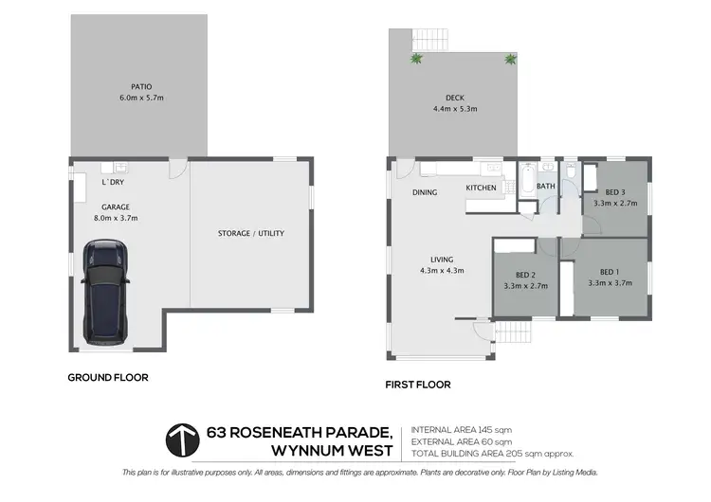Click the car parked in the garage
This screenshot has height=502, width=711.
(x=105, y=290)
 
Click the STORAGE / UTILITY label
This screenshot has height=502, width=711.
(x=250, y=233)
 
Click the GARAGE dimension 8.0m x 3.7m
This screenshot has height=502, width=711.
(x=116, y=218)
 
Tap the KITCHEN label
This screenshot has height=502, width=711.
(x=481, y=188)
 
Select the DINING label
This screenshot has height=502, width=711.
(x=424, y=192)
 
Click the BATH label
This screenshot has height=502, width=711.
(x=545, y=187)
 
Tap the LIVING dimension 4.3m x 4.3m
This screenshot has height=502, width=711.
(x=442, y=271)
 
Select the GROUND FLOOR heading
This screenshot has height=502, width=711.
(x=107, y=377)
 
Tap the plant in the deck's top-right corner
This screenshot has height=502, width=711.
(x=511, y=59)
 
